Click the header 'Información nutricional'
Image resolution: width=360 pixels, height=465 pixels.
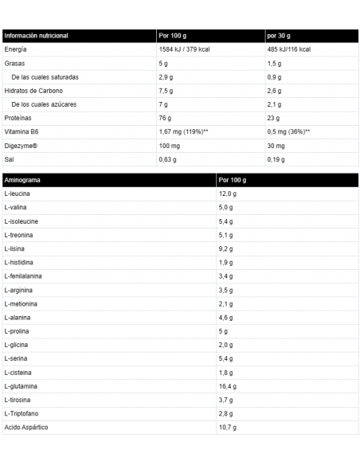coord(37,36)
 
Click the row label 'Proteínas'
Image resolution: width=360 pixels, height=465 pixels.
coord(18,118)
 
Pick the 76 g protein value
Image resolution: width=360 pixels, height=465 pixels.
coord(166,118)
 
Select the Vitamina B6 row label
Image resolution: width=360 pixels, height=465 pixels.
coord(22,131)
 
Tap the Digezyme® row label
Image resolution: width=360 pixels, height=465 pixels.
coord(21,145)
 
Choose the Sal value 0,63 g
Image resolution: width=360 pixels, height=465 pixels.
coord(169,158)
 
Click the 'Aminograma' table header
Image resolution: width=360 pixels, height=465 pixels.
coord(22,180)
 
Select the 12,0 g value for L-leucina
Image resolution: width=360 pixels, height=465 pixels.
coord(228,193)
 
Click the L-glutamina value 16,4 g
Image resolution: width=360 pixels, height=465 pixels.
coord(228,385)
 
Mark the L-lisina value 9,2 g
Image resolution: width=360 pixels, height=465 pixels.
coord(226,248)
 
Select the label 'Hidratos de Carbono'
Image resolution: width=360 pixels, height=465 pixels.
coord(33,91)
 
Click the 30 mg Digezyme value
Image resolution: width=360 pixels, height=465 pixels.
coord(276,145)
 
